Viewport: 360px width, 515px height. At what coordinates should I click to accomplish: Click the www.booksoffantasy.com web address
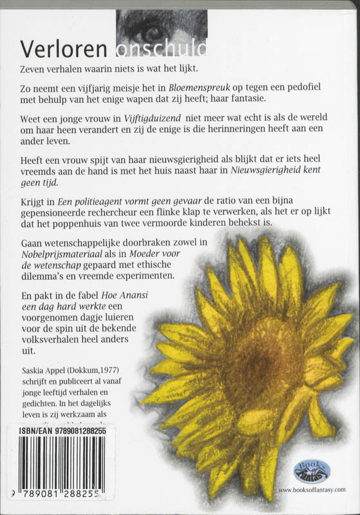[x=311, y=490]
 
